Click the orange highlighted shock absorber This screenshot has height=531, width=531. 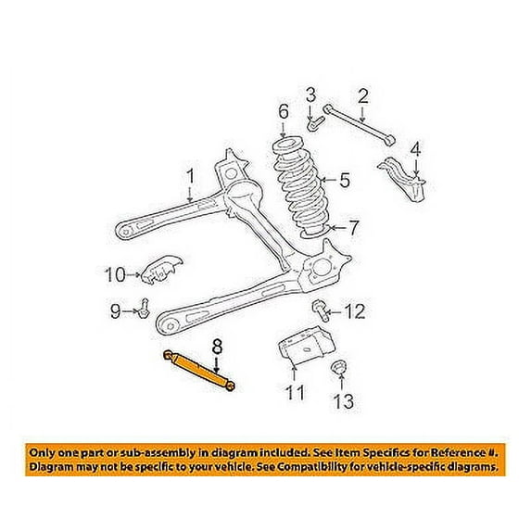199,371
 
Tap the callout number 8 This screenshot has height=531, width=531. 217,348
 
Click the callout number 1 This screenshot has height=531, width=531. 191,176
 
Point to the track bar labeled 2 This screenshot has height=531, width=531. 359,127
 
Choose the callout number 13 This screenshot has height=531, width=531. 344,401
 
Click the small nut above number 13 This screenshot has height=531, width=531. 338,367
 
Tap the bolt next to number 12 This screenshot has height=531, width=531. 320,310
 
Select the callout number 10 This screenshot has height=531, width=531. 115,274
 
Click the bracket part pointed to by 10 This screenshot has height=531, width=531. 161,270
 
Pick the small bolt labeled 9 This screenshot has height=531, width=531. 144,309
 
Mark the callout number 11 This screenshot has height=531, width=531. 295,393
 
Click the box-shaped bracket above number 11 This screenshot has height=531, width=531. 307,346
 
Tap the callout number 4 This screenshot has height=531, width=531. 415,150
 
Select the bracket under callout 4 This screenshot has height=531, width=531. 403,179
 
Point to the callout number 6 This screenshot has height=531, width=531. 284,111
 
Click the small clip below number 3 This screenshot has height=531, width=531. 315,123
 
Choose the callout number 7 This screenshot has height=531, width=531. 353,228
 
